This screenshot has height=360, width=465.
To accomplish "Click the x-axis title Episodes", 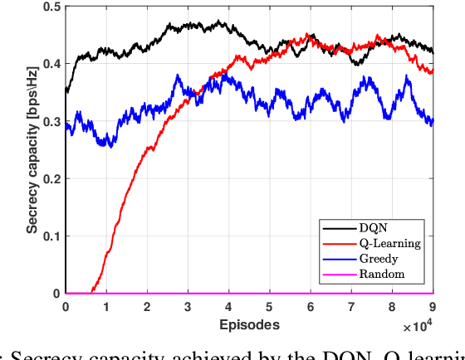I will pos(249,324).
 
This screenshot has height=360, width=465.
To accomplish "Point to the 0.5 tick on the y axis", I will pos(51,7).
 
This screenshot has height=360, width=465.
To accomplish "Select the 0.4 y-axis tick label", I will pos(51,64).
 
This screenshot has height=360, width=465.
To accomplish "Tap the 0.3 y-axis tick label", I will pos(51,121).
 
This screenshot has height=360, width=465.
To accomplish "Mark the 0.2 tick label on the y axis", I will pos(51,179).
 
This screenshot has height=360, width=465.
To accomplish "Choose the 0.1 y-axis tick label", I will pos(51,236).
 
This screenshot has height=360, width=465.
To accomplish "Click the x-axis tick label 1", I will pos(106,307).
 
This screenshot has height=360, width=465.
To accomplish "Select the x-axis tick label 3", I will pos(188,307).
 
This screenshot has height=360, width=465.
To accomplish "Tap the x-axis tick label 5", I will pos(270,307).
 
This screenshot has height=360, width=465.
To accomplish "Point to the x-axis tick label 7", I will pos(351,307).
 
